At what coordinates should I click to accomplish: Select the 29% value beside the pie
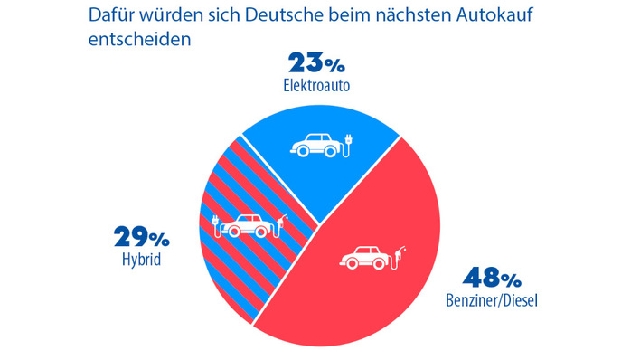coord(142,239)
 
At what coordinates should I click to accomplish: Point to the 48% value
coord(491,277)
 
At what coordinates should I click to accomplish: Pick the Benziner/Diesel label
coord(491,299)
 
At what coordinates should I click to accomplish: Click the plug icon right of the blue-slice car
coord(349,143)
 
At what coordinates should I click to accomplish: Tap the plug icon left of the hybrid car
coord(216,225)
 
